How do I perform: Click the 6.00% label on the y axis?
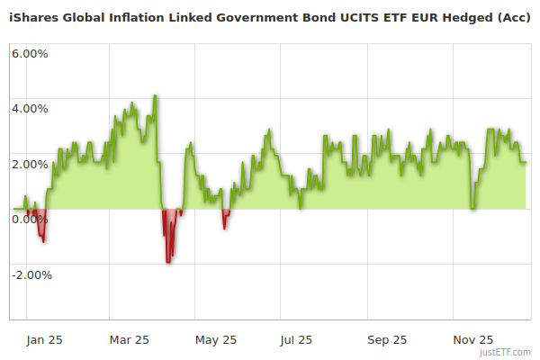point(30,53)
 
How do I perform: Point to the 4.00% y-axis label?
point(30,109)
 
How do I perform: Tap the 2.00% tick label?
point(30,164)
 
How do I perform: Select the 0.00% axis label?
point(30,219)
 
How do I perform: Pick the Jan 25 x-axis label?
point(44,339)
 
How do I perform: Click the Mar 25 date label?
point(130,339)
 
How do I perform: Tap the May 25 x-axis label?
point(216,339)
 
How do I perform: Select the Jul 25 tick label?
point(297,339)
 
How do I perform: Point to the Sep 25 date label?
point(387,339)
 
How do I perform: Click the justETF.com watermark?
point(506,352)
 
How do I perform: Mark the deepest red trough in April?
point(167,261)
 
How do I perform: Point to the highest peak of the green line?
point(155,95)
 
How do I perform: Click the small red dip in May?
point(224,228)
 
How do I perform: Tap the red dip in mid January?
point(43,241)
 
